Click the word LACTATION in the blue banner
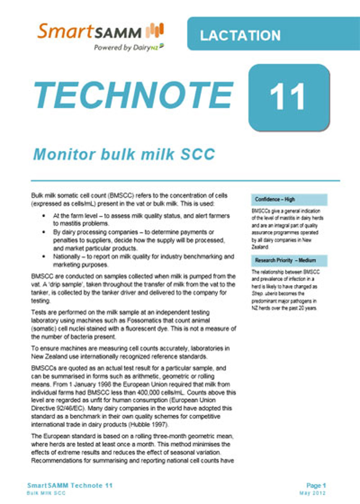tap(240, 35)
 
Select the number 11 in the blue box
tap(288, 97)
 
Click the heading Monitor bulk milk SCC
tap(124, 154)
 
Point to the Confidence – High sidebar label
tap(275, 199)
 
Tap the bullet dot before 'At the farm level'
tap(44, 216)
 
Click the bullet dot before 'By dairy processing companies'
tap(44, 232)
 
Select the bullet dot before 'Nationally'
tap(44, 257)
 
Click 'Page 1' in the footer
tap(316, 485)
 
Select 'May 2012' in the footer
tap(313, 493)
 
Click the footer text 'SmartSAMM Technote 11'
tap(70, 486)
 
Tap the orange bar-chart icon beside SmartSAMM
tap(154, 31)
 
